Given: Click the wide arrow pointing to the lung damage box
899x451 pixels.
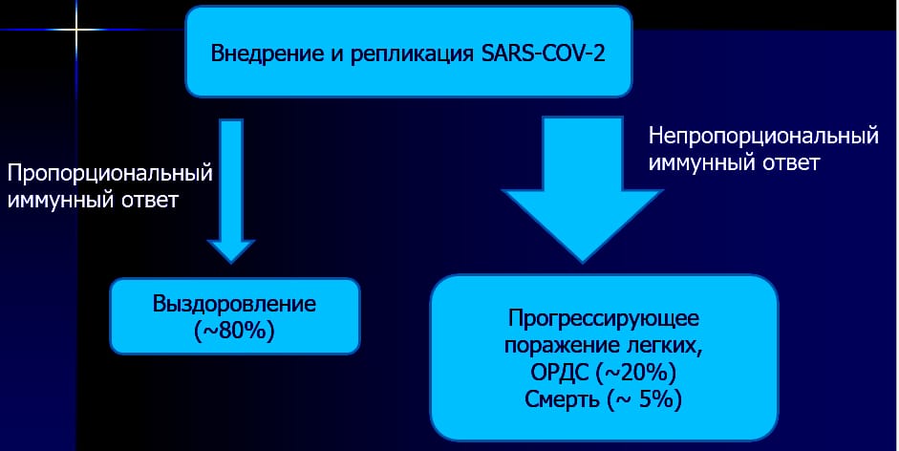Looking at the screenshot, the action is [x=583, y=190].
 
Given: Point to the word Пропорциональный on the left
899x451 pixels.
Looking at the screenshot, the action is [x=110, y=173].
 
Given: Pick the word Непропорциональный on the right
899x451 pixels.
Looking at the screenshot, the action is [x=763, y=136].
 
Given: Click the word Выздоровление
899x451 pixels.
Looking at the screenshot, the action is [x=234, y=304].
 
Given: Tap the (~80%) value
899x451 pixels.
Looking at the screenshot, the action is [x=234, y=331].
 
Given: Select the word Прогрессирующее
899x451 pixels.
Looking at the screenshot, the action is [x=604, y=319].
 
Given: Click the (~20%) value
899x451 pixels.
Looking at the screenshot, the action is [x=636, y=374].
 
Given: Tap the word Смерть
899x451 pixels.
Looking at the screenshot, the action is [x=562, y=400].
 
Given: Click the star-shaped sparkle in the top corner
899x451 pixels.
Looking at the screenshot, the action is [x=76, y=28].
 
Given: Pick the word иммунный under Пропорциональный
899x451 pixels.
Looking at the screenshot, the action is [x=59, y=201].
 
